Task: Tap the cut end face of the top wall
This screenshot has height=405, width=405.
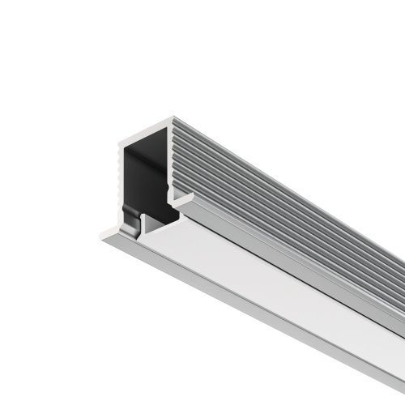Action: click(x=146, y=129)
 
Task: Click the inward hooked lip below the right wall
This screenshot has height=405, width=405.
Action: click(x=180, y=198)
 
